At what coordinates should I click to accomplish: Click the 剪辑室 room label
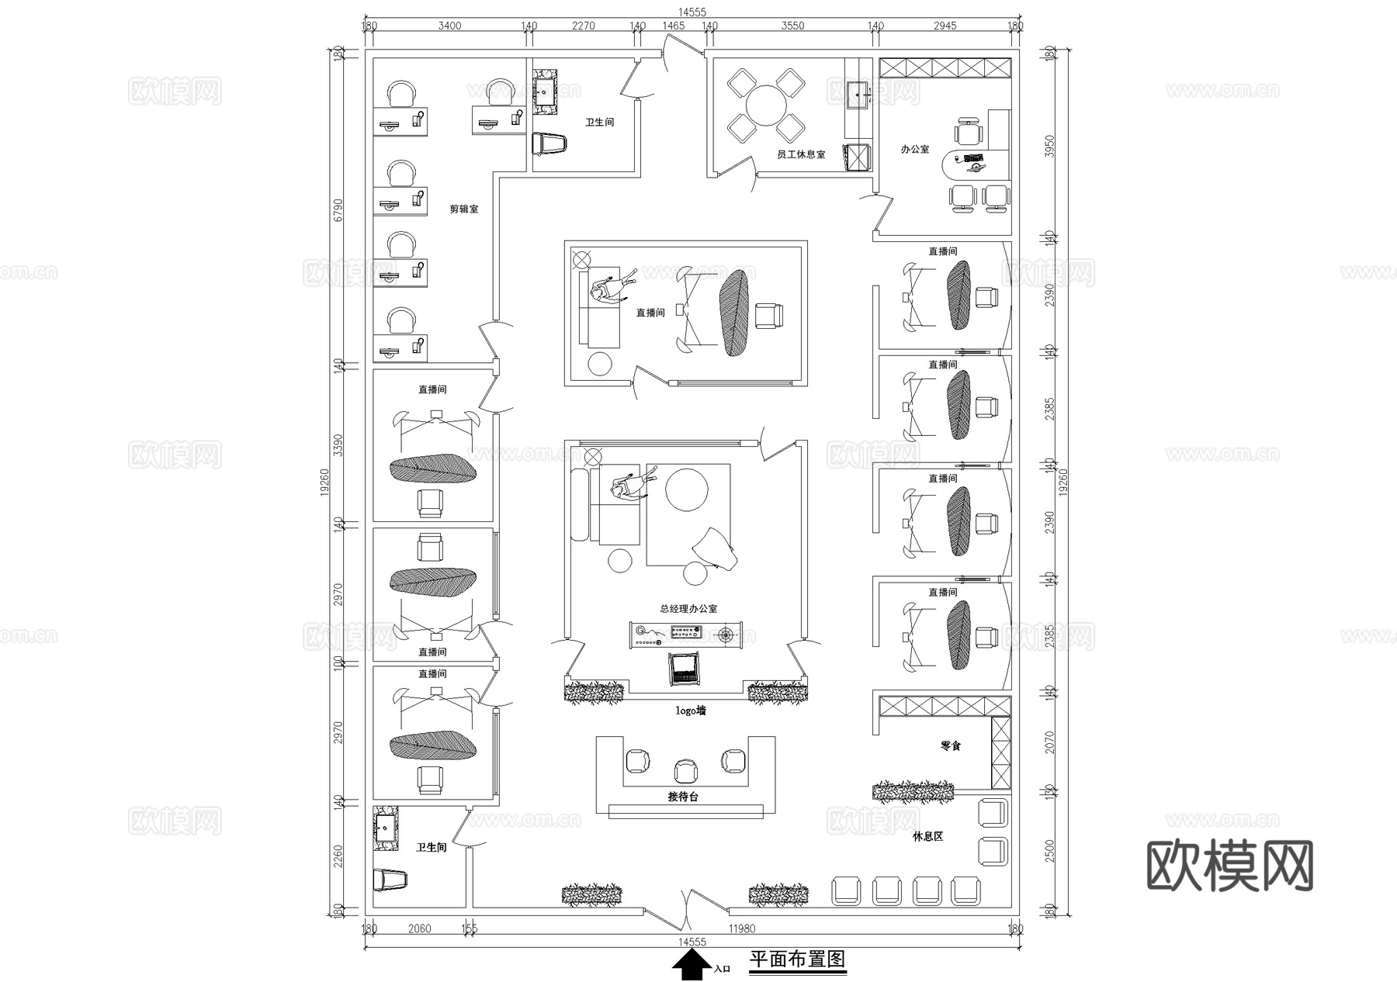point(464,209)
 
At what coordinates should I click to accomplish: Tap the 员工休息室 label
point(801,155)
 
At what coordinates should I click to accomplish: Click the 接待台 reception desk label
point(683,797)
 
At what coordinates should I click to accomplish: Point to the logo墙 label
point(691,711)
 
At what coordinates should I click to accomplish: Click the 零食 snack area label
point(951,746)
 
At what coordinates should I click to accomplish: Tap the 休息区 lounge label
point(927,837)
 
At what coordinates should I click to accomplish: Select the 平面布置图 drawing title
point(797,960)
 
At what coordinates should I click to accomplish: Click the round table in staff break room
point(766,105)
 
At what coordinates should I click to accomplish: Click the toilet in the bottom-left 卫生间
point(390,880)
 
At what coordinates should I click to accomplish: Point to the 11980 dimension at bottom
point(742,928)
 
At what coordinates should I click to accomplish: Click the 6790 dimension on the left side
point(338,209)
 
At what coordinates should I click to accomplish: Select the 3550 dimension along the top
point(792,26)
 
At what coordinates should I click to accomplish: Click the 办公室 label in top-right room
point(915,149)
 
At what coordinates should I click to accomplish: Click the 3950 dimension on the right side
point(1050,145)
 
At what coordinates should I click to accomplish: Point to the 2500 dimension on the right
point(1050,851)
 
